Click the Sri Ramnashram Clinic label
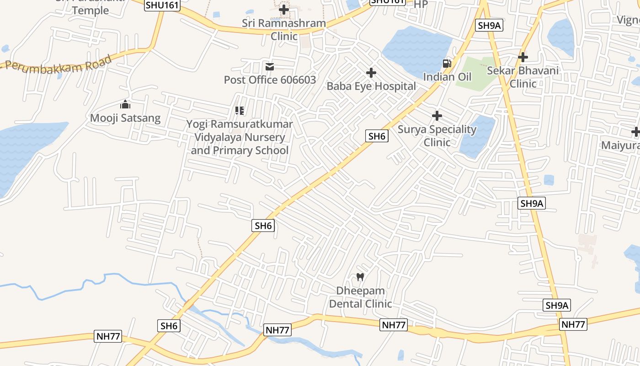pos(284,29)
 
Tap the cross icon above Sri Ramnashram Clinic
pos(284,9)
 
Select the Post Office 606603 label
pos(270,80)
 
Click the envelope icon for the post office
pos(270,67)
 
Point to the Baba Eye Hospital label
pos(371,86)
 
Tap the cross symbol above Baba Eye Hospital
pos(371,73)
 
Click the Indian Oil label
pos(447,76)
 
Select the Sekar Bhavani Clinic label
pos(523,77)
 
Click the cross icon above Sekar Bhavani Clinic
pos(523,57)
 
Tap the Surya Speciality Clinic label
pos(437,135)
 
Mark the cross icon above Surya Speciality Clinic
pos(437,116)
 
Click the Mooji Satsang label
pos(125,118)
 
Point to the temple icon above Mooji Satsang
pos(125,105)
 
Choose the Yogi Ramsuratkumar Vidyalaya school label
pos(240,137)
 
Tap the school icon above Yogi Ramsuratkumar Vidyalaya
pos(240,111)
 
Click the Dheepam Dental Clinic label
pos(360,297)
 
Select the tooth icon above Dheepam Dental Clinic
pos(360,277)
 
